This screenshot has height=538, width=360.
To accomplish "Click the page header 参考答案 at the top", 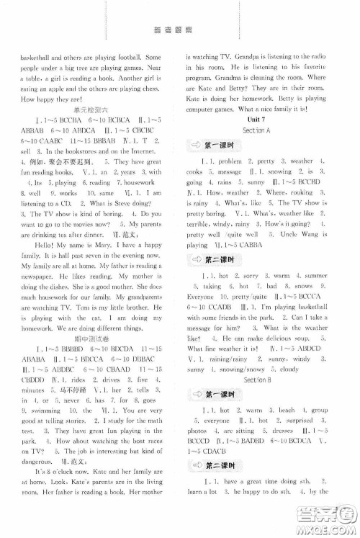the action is coord(180,29).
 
